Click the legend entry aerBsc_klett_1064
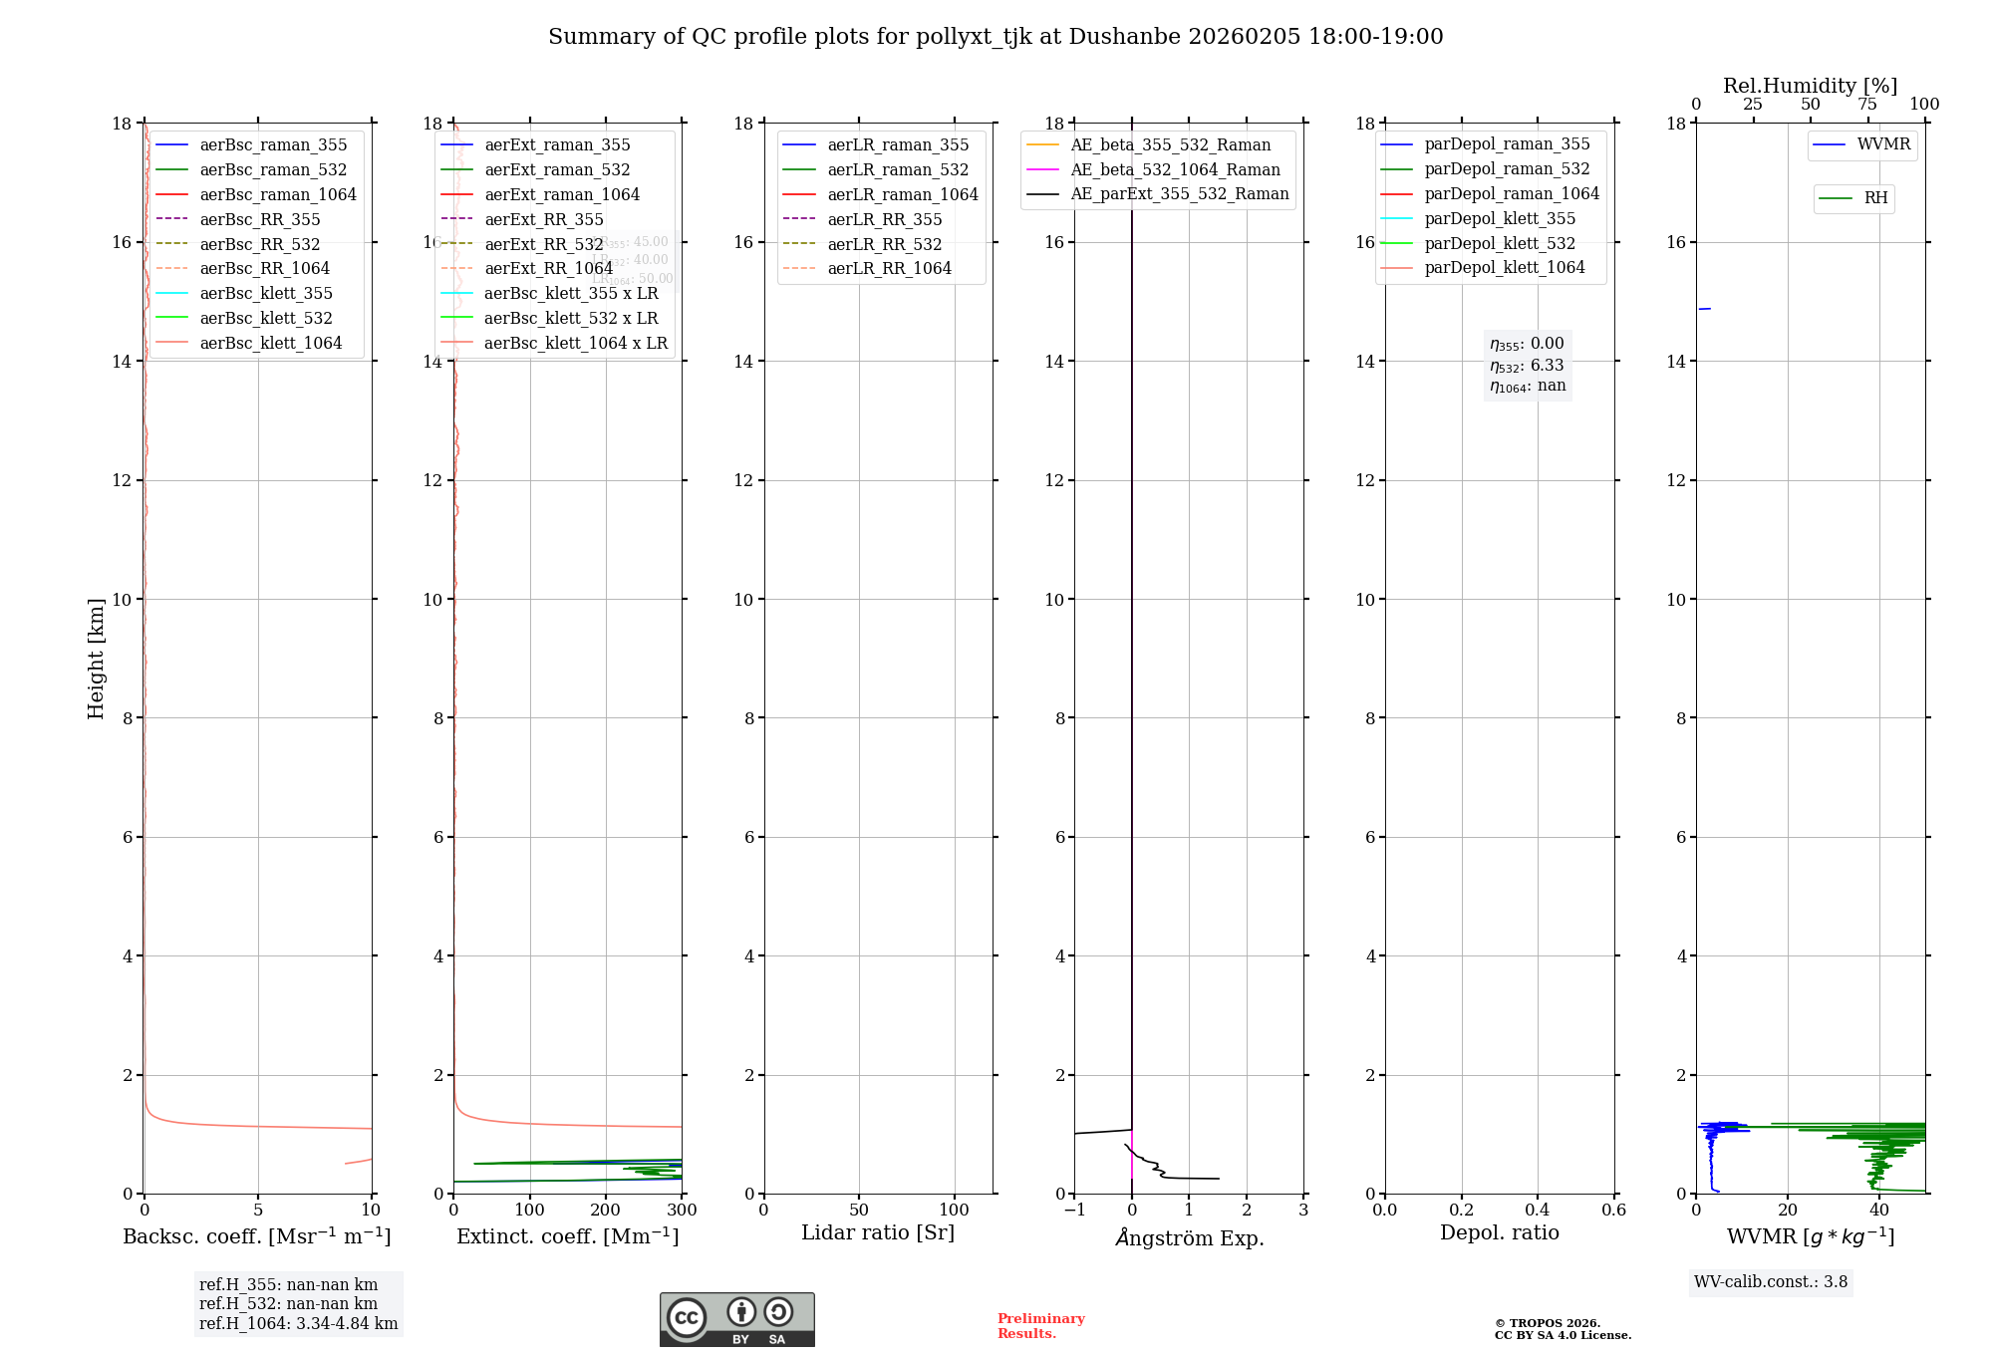click(270, 343)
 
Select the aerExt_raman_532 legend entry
click(557, 169)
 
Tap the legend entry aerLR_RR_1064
click(889, 268)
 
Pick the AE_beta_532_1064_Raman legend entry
click(1175, 169)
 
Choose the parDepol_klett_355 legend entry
click(1500, 218)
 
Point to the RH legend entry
click(1875, 198)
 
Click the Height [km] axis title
click(96, 658)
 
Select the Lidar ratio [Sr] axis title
click(878, 1232)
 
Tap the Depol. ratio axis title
click(1499, 1232)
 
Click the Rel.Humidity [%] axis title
click(1810, 86)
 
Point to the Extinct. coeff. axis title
click(567, 1236)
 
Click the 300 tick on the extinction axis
click(683, 1211)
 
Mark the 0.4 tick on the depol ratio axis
click(1538, 1211)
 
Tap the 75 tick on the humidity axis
click(1867, 105)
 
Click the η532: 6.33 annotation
click(1527, 366)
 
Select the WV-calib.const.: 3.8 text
click(1771, 1282)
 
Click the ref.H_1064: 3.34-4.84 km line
click(298, 1324)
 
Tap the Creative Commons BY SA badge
click(736, 1319)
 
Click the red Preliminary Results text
click(1040, 1326)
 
